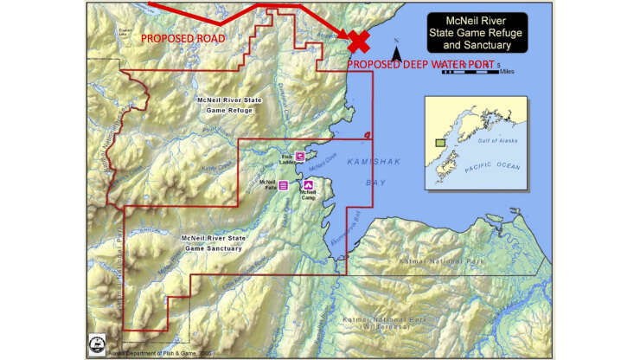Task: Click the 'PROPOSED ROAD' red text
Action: pos(182,39)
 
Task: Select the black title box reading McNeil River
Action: pos(472,32)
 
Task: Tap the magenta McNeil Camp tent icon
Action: pos(307,184)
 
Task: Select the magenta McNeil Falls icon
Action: pos(283,184)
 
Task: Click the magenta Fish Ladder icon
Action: pos(299,156)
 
